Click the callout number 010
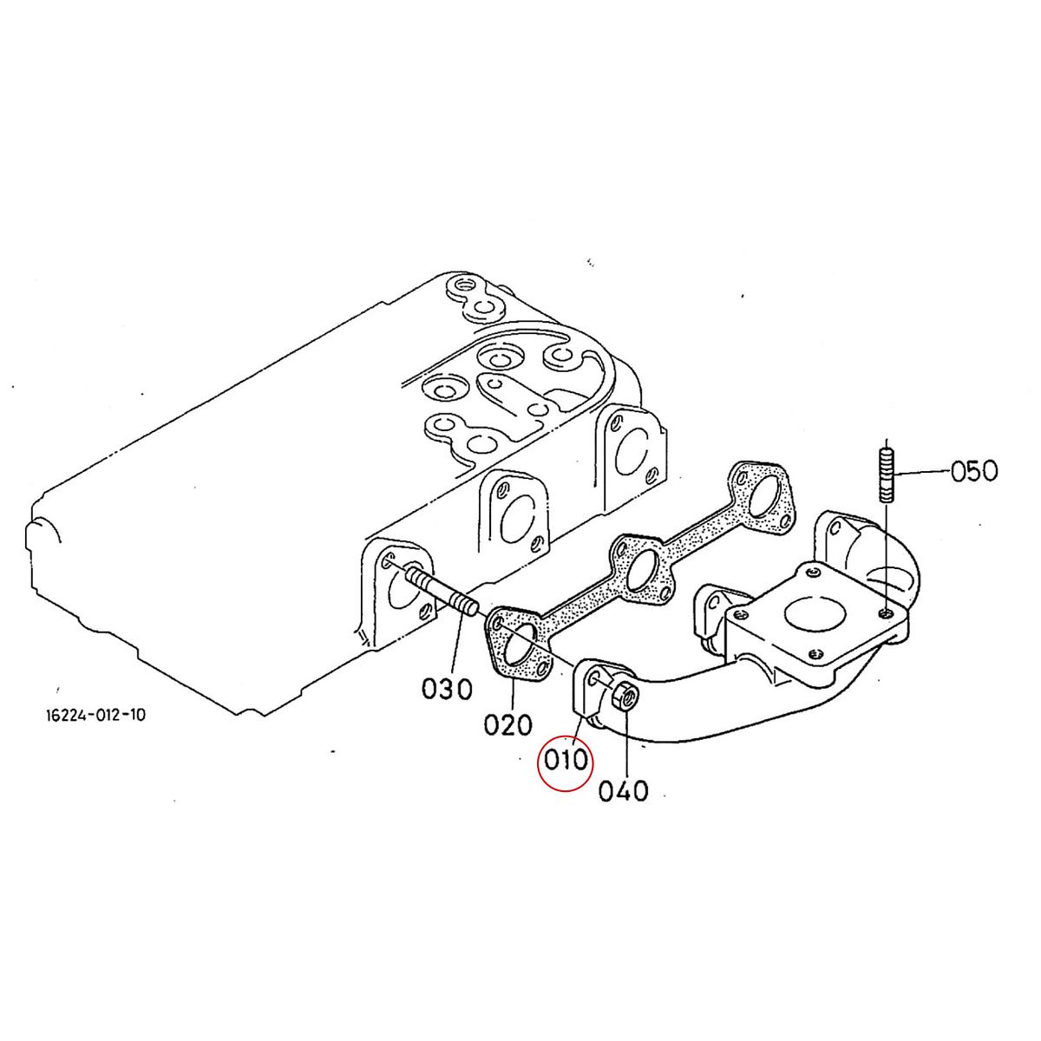coord(565,761)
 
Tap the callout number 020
coord(507,725)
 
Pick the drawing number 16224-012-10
coord(95,715)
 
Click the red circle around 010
coord(565,762)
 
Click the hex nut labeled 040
coord(625,697)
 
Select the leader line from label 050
coord(922,473)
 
